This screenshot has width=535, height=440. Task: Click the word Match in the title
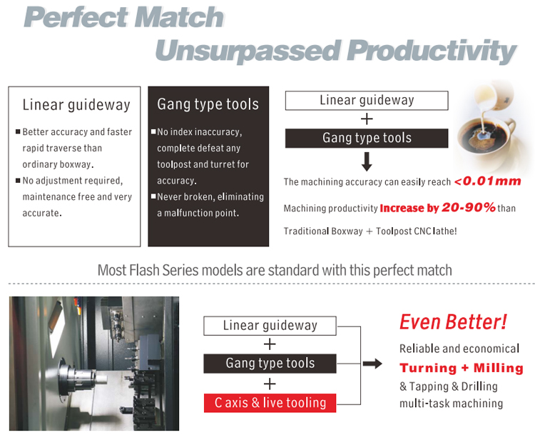tap(179, 17)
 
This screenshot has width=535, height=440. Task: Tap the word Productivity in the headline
tap(432, 51)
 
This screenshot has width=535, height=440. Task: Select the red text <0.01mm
tap(488, 181)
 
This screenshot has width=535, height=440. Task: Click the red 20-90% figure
tap(469, 207)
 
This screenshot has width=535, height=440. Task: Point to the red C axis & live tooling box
tap(270, 403)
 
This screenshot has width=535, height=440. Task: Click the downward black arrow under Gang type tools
tap(367, 161)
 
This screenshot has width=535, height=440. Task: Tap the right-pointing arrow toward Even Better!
tap(372, 364)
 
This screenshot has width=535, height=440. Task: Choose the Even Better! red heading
tap(453, 322)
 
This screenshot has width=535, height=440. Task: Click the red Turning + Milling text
tap(462, 368)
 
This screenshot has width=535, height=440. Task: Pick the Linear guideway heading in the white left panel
tap(76, 105)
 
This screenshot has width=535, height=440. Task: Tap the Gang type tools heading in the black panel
tap(208, 104)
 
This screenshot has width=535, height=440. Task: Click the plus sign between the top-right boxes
tap(367, 119)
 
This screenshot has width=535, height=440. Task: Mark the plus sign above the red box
tap(270, 384)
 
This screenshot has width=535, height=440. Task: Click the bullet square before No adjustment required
tap(18, 181)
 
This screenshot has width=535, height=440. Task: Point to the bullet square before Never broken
tap(153, 196)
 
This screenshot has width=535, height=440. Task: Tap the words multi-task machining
tap(451, 404)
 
